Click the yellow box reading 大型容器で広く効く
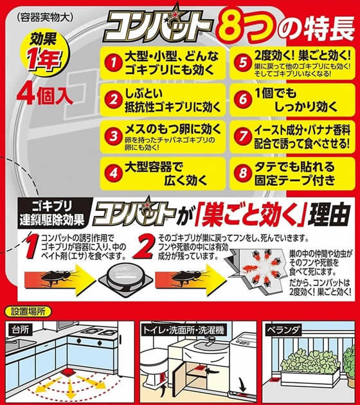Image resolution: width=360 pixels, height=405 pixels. (x=161, y=172)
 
